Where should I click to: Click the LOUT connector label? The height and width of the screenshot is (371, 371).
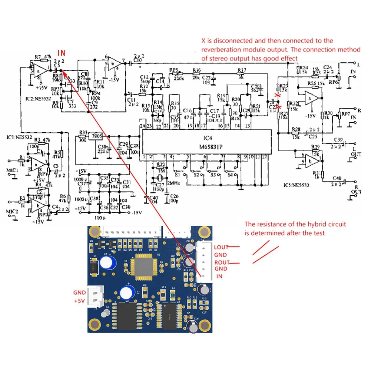click(x=222, y=247)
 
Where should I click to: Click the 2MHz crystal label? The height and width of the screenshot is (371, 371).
click(x=173, y=183)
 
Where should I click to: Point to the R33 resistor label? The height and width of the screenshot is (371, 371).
click(x=83, y=132)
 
